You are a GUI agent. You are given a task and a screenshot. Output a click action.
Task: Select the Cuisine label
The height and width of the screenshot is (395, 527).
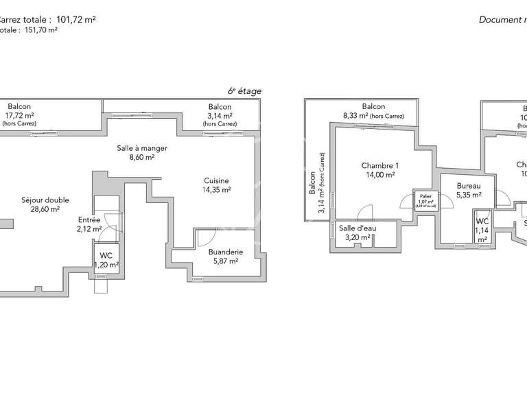pyautogui.click(x=216, y=180)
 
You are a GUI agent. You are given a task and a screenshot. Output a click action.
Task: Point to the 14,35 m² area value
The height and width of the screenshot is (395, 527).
pyautogui.click(x=216, y=190)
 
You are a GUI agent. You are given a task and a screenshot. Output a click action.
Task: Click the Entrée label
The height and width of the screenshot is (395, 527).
pyautogui.click(x=89, y=220)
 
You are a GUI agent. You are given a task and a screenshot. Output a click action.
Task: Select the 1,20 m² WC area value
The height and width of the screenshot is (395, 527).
pyautogui.click(x=106, y=265)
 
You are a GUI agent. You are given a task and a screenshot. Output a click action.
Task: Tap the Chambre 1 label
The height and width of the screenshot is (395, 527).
pyautogui.click(x=379, y=165)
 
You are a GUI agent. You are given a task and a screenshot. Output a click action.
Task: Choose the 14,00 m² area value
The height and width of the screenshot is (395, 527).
pyautogui.click(x=379, y=175)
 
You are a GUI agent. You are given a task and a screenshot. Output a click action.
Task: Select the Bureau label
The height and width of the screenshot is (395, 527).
pyautogui.click(x=469, y=186)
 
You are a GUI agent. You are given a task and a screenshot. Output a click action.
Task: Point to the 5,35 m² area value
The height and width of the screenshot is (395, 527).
pyautogui.click(x=469, y=195)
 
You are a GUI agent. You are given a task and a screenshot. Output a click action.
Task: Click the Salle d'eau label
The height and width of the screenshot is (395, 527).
pyautogui.click(x=357, y=228)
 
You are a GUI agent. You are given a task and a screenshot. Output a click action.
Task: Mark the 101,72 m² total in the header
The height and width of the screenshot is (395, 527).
pyautogui.click(x=75, y=20)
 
